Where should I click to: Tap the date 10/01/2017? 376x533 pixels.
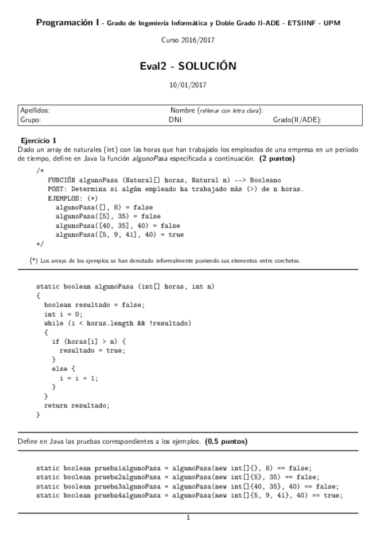[188, 84]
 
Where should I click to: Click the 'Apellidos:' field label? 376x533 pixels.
[35, 110]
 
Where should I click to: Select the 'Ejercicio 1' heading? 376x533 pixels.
[39, 140]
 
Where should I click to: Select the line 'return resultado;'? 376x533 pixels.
[77, 405]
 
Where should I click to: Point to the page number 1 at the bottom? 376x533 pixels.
[188, 519]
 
